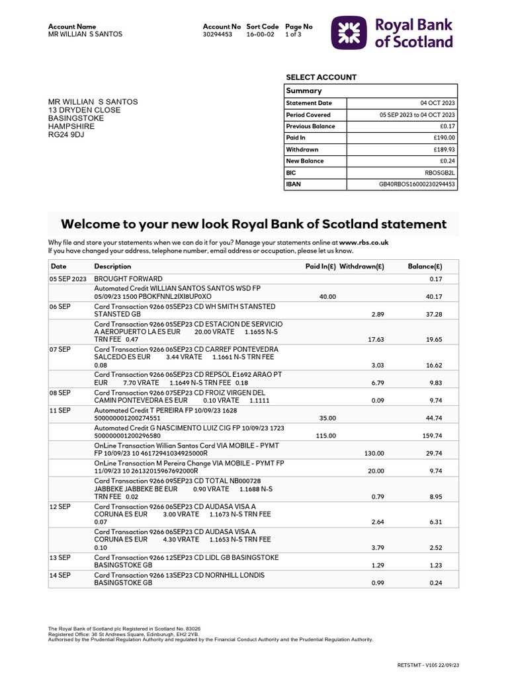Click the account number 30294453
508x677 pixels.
(217, 34)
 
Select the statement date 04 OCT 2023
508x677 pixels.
(438, 103)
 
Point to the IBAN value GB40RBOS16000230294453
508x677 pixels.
(417, 184)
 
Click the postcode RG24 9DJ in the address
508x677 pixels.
(66, 134)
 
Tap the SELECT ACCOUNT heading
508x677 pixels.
(321, 77)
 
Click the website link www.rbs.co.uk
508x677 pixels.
(364, 243)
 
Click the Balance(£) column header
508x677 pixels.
(425, 266)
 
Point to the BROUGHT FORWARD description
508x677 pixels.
(128, 279)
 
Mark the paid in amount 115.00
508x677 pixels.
(326, 436)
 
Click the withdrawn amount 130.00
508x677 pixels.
(374, 453)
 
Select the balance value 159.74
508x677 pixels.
(432, 436)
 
